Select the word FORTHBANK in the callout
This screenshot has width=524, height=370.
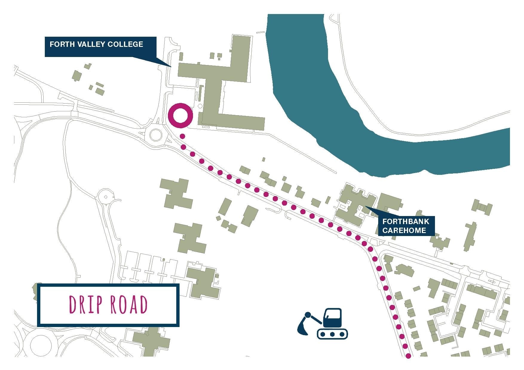pyautogui.click(x=405, y=222)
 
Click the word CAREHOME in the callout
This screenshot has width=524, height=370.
pyautogui.click(x=404, y=230)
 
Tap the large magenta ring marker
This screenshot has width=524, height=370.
pyautogui.click(x=180, y=115)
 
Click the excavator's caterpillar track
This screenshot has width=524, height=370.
pyautogui.click(x=332, y=334)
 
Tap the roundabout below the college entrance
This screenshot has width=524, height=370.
pyautogui.click(x=156, y=135)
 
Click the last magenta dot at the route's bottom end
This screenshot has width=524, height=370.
pyautogui.click(x=408, y=356)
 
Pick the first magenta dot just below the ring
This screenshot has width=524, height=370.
pyautogui.click(x=182, y=136)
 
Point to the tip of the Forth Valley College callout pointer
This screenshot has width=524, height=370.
pyautogui.click(x=171, y=66)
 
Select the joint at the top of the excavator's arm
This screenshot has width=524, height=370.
pyautogui.click(x=308, y=314)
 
